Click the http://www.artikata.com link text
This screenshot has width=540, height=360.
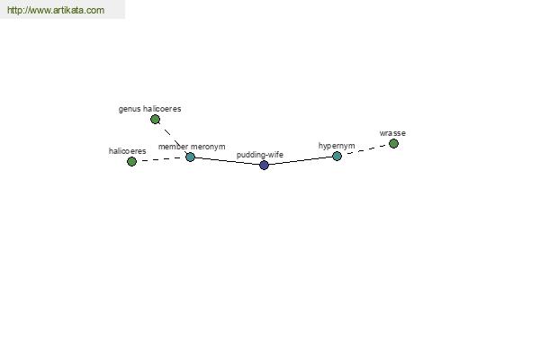tap(56, 10)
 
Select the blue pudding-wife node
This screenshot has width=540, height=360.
tap(264, 165)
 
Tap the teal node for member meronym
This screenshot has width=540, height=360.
tap(190, 157)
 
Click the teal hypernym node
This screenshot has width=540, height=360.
tap(337, 156)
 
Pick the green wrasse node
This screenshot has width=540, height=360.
tap(393, 143)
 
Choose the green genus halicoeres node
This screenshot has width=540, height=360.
tap(155, 119)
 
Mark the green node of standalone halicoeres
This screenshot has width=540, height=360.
tap(131, 161)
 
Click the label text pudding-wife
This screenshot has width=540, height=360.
tap(260, 155)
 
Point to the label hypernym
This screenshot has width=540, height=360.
tap(337, 146)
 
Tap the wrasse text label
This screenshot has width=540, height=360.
tap(392, 133)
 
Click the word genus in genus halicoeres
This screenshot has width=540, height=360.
tap(130, 109)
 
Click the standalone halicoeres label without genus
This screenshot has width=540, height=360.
tap(128, 151)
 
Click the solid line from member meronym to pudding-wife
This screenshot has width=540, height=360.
tap(227, 161)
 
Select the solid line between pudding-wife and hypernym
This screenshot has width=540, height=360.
tap(301, 160)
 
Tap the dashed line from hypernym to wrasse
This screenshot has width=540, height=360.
tap(365, 149)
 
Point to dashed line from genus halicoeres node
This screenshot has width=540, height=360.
tap(173, 138)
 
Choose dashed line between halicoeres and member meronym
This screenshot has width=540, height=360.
tap(161, 159)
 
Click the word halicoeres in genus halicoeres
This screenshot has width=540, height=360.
tap(162, 109)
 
